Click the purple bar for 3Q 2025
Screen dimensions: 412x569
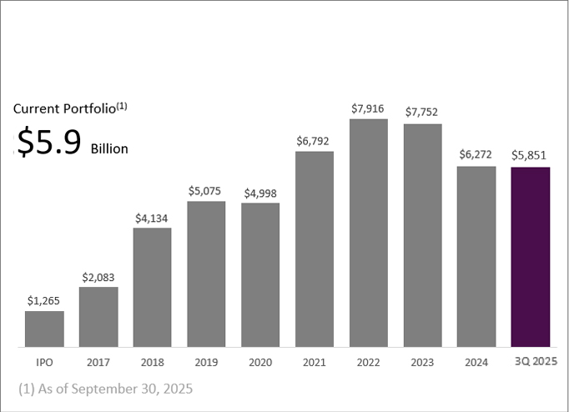(x=531, y=257)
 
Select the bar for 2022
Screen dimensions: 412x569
(x=369, y=233)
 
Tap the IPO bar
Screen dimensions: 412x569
(x=44, y=329)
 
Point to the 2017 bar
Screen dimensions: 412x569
(x=98, y=317)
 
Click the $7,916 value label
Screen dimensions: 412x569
(x=369, y=108)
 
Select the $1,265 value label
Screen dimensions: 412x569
(x=44, y=300)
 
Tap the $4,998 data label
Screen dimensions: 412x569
(x=260, y=193)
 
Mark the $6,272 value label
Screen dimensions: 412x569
(x=476, y=155)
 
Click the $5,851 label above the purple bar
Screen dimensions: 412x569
(x=531, y=156)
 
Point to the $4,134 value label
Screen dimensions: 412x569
(x=152, y=218)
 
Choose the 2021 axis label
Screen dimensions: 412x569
(x=315, y=363)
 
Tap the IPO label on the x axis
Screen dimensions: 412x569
(x=44, y=363)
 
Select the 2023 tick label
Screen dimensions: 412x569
(x=422, y=363)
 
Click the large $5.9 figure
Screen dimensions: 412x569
(x=50, y=143)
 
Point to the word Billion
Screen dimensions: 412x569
(x=109, y=148)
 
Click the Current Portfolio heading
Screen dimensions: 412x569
(x=70, y=108)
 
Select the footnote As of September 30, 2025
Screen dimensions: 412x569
(x=105, y=389)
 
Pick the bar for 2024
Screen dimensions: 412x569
(x=476, y=256)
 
